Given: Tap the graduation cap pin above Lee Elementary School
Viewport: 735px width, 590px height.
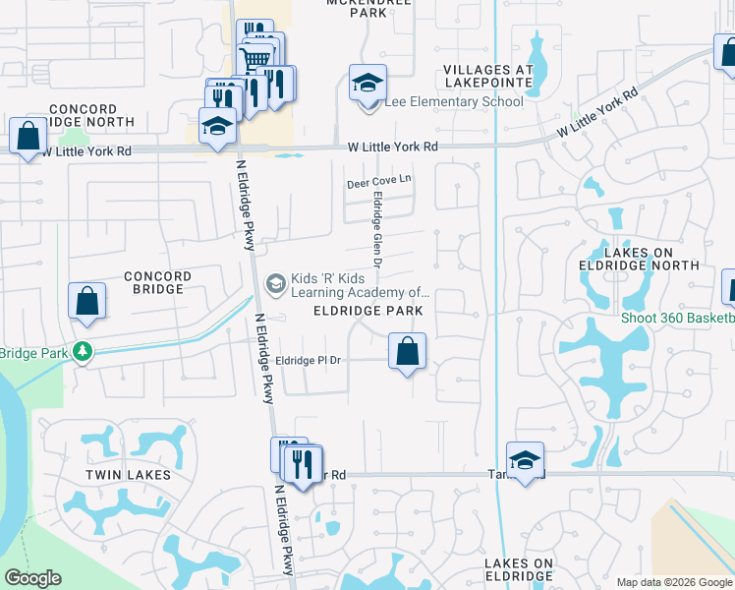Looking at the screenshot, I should [367, 84].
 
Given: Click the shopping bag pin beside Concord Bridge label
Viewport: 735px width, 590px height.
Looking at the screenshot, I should [86, 302].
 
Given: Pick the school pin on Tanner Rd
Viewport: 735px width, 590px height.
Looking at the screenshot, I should [525, 460].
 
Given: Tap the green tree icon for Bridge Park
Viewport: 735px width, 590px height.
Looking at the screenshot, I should [84, 351].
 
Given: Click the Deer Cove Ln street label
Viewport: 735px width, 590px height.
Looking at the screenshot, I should [378, 183].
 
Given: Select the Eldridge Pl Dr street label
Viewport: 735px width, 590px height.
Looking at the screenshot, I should [308, 361].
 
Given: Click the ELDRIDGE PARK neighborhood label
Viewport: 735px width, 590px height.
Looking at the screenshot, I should [367, 311].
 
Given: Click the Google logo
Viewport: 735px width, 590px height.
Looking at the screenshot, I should [32, 578].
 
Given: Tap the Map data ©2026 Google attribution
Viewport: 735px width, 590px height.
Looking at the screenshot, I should [673, 582].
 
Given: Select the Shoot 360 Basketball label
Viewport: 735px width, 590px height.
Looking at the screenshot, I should [678, 318].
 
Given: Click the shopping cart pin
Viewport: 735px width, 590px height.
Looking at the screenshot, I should [256, 60].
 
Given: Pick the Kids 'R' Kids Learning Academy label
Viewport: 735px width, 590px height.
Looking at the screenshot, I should [350, 285].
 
